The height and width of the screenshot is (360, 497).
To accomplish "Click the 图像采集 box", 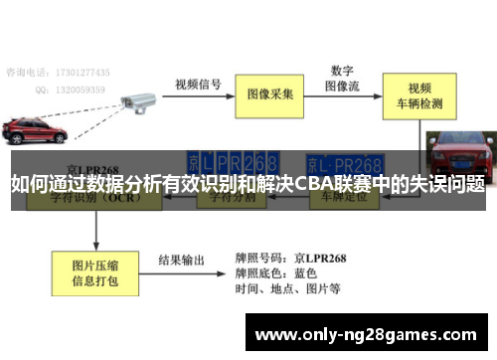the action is point(270,94).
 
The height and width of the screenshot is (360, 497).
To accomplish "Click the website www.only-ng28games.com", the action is point(366,334).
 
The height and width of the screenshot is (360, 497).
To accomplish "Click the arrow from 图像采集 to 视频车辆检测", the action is point(347,95).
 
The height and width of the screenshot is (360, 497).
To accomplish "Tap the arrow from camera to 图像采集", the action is point(199,94).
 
